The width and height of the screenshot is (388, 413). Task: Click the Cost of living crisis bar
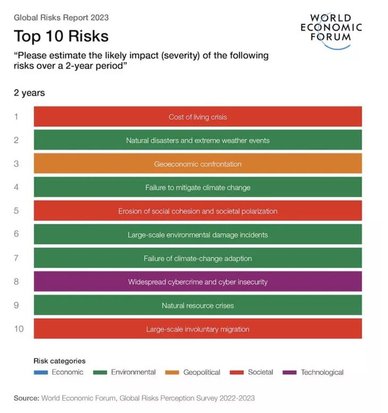[x=198, y=117]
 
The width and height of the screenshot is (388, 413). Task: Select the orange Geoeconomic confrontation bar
[x=198, y=164]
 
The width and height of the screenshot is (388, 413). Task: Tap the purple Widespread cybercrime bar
[x=198, y=282]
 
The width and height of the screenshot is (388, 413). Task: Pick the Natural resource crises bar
[x=198, y=305]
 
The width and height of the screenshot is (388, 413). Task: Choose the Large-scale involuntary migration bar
[x=198, y=329]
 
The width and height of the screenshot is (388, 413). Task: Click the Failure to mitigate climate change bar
[x=198, y=187]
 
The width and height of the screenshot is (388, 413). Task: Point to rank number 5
[x=16, y=211]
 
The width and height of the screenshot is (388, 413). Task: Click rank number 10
[x=19, y=329]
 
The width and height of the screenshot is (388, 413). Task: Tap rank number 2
[x=16, y=140]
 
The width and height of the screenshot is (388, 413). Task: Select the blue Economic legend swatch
[x=41, y=372]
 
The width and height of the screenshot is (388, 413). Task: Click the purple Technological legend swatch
[x=290, y=372]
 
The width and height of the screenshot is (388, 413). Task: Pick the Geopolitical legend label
[x=201, y=372]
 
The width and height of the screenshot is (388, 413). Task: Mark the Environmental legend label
[x=133, y=372]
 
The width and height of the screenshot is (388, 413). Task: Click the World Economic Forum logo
[x=331, y=30]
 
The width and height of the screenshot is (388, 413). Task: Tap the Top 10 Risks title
[x=61, y=36]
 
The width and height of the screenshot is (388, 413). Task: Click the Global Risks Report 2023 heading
[x=61, y=18]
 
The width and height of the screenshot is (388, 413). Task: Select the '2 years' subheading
[x=29, y=93]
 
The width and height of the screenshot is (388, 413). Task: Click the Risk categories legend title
[x=60, y=361]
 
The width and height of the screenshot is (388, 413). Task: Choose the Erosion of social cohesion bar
[x=198, y=211]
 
